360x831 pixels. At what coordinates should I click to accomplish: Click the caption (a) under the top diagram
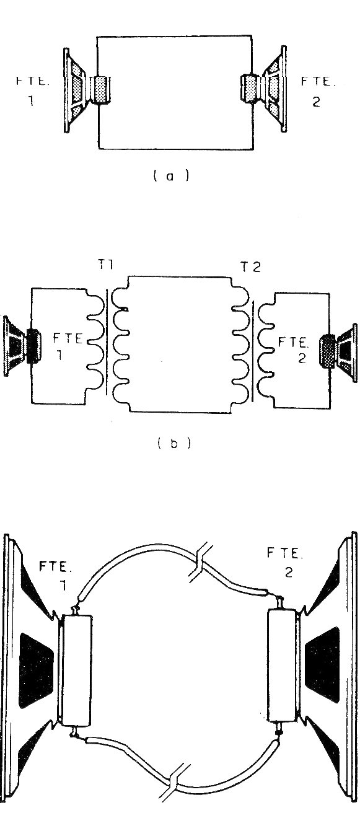click(x=171, y=176)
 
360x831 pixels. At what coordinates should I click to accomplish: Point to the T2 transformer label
click(x=251, y=266)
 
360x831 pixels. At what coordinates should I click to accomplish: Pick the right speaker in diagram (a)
click(x=264, y=89)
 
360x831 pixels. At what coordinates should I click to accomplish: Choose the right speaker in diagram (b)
click(x=338, y=350)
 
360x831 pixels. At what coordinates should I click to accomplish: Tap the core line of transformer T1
click(x=107, y=343)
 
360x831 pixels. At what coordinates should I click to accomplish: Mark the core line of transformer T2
click(x=253, y=351)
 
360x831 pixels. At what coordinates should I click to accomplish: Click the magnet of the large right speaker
click(x=282, y=665)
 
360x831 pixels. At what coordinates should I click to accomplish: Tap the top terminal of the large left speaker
click(x=76, y=609)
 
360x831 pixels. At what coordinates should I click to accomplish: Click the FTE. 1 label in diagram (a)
click(x=32, y=91)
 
